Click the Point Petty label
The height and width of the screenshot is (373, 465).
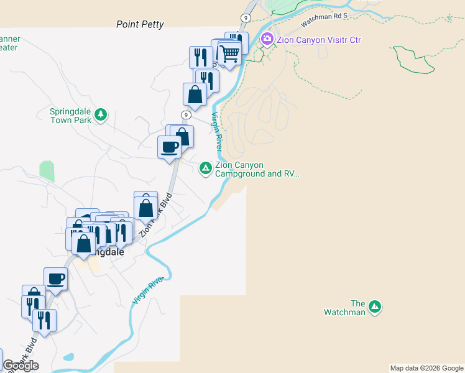coord(140,25)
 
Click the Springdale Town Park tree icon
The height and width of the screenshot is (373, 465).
coord(101,114)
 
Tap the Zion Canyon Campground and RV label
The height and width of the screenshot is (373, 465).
coord(257,170)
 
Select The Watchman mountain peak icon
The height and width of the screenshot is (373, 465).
coord(375,306)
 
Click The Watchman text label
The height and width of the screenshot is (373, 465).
coord(344,308)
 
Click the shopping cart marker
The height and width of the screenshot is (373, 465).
coord(229,54)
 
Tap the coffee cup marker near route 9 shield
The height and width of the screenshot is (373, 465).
coord(169,147)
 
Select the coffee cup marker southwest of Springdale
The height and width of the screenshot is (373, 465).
coord(55,278)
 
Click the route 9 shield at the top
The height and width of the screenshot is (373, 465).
coord(247,18)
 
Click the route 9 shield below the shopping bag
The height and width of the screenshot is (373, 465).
coord(186,115)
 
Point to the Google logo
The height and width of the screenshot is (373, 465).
coord(21,366)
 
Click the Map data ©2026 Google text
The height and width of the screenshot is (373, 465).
coord(426,368)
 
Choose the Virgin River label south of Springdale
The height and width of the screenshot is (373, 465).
coord(147,290)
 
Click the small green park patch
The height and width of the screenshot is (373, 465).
coord(47,171)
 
